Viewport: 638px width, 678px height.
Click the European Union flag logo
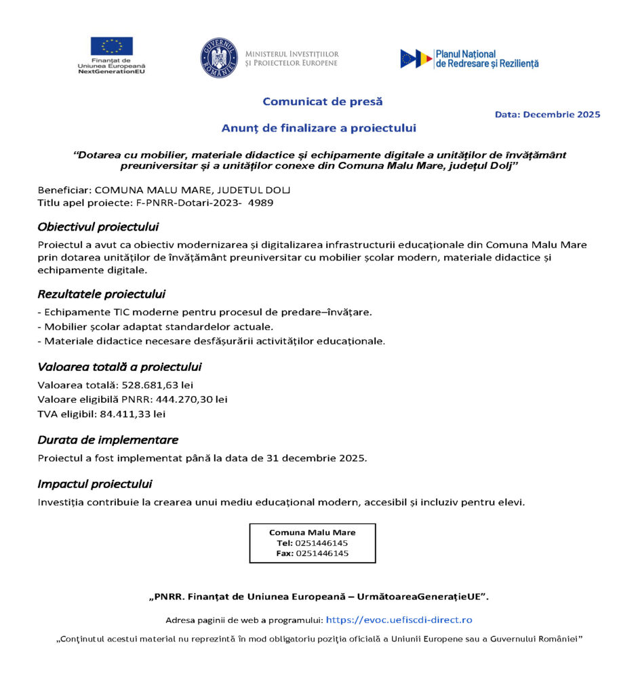pyautogui.click(x=112, y=47)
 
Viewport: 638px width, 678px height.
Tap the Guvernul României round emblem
pyautogui.click(x=219, y=58)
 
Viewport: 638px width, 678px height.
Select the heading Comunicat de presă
pyautogui.click(x=322, y=102)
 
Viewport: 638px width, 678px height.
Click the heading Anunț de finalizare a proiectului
pyautogui.click(x=319, y=127)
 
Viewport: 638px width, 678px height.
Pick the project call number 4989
pyautogui.click(x=263, y=203)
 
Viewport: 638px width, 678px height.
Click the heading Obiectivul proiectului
pyautogui.click(x=98, y=226)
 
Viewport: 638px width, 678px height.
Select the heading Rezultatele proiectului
pyautogui.click(x=101, y=294)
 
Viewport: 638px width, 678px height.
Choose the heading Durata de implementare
pyautogui.click(x=107, y=440)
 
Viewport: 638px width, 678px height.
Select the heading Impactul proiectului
pyautogui.click(x=94, y=484)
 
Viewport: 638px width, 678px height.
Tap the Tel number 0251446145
pyautogui.click(x=321, y=543)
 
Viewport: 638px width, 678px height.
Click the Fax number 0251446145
pyautogui.click(x=322, y=553)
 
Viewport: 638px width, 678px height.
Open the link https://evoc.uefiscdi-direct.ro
pyautogui.click(x=399, y=620)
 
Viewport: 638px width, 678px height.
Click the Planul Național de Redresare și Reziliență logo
pyautogui.click(x=469, y=58)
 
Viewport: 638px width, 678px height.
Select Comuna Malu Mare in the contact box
pyautogui.click(x=312, y=532)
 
